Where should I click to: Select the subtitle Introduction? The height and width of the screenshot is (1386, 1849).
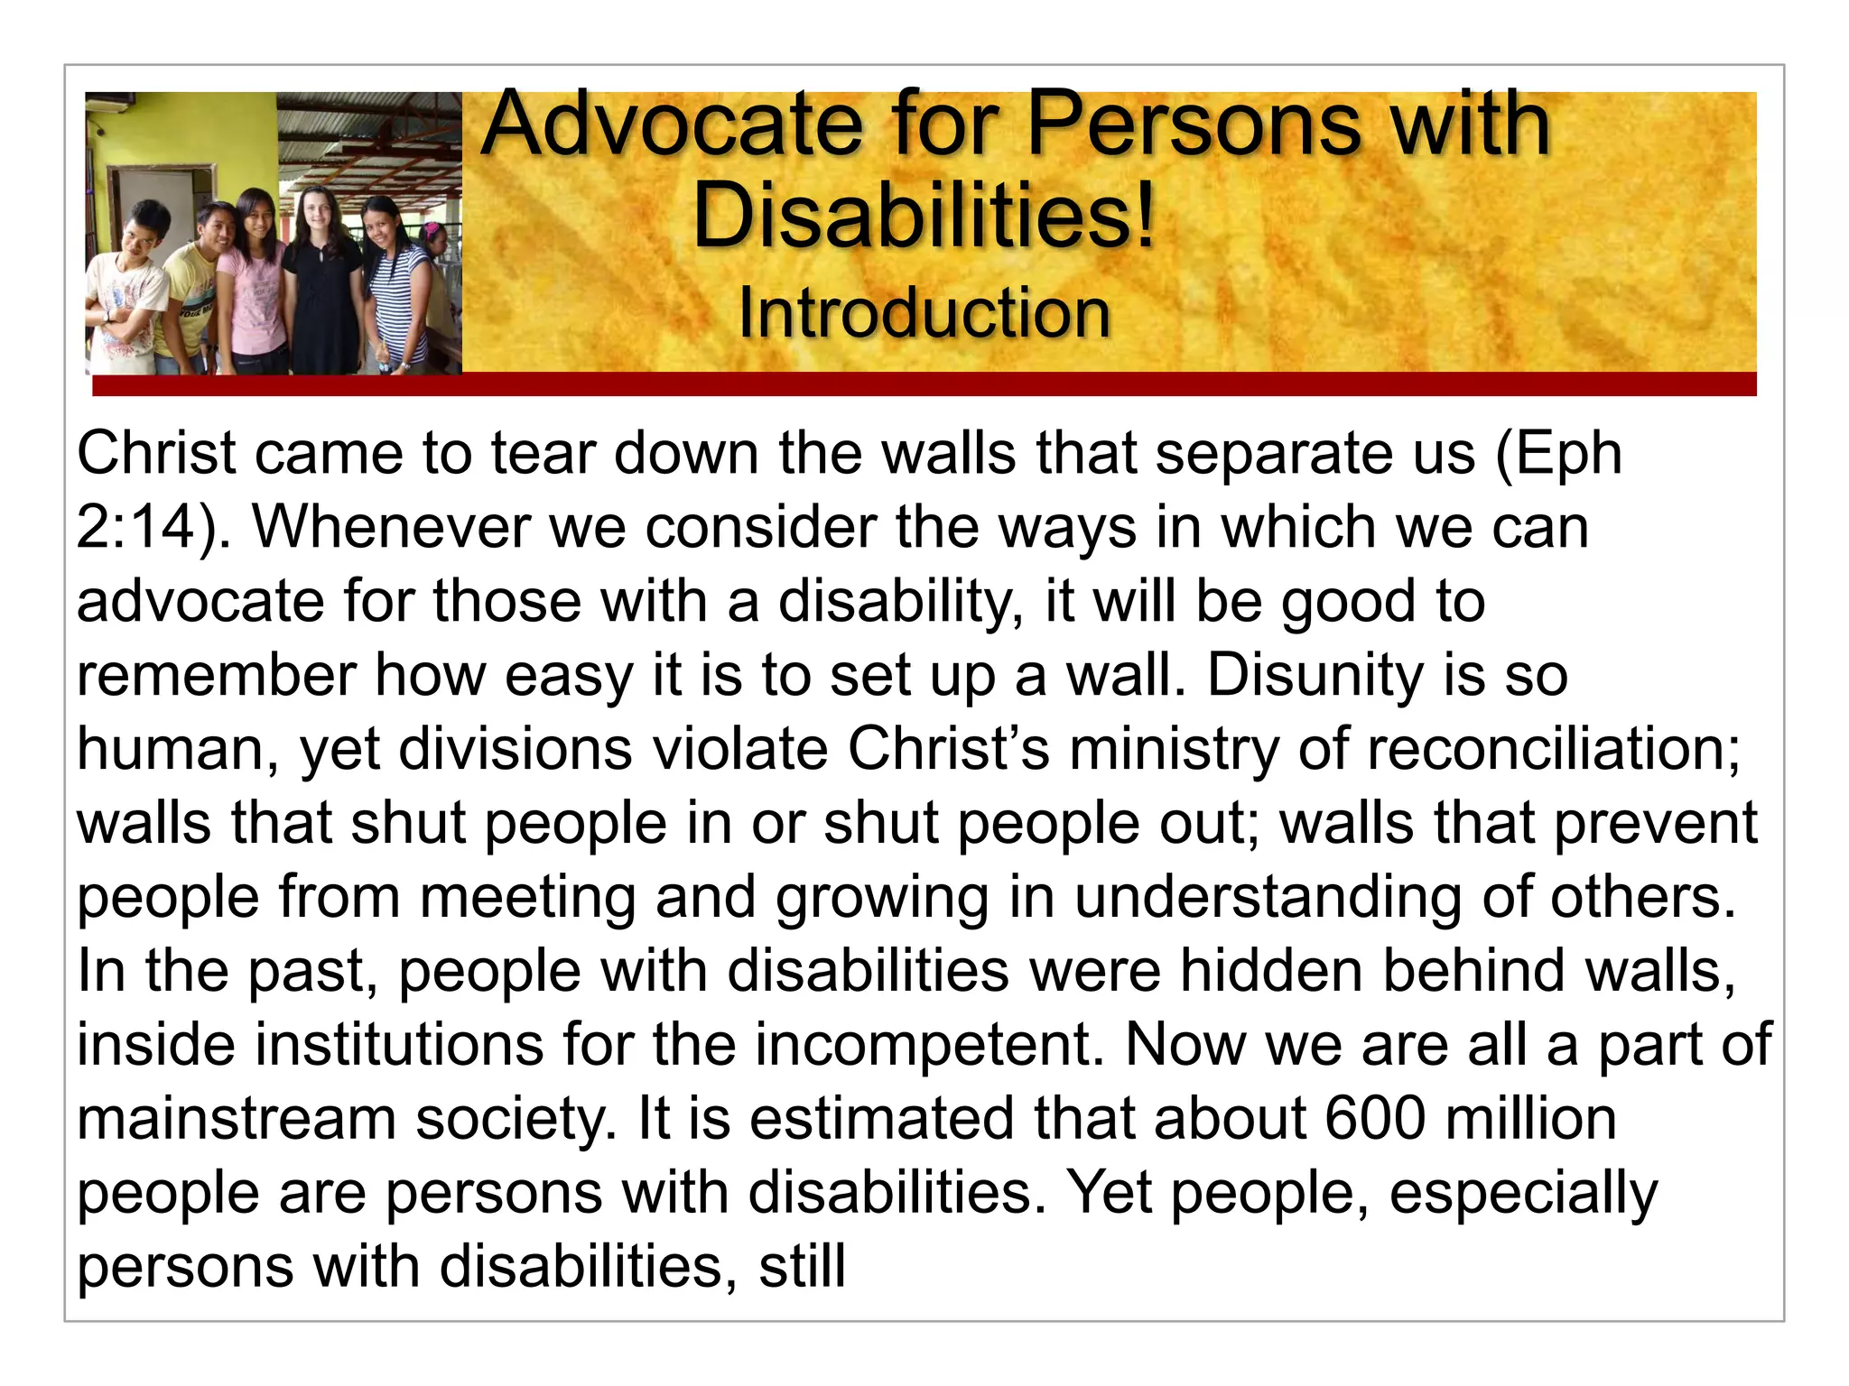point(924,313)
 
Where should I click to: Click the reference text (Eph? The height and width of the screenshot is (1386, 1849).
point(1559,453)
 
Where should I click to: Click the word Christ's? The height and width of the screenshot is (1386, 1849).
point(948,749)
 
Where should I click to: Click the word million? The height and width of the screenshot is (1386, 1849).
point(1529,1119)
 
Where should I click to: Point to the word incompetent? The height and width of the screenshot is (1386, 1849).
point(929,1045)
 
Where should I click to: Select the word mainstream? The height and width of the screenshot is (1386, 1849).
point(237,1119)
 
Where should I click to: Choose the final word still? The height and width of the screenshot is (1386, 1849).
point(802,1267)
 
